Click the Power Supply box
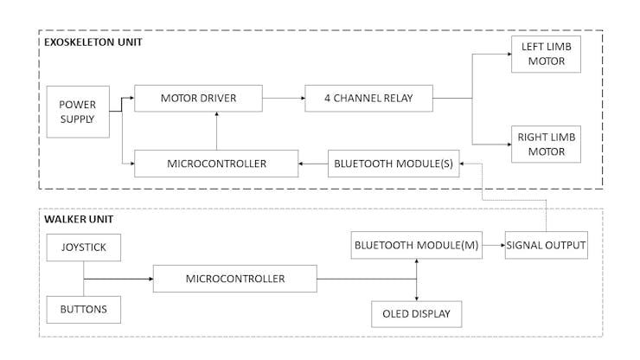click(x=78, y=111)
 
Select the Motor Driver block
click(x=198, y=99)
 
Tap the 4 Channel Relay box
click(x=368, y=99)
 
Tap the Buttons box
click(x=83, y=308)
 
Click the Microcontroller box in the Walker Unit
click(x=235, y=279)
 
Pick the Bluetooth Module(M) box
click(x=416, y=246)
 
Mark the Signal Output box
click(x=546, y=246)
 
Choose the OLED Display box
click(x=416, y=313)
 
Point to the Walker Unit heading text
click(x=79, y=219)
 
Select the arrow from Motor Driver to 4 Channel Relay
click(x=283, y=99)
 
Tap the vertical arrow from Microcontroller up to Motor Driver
click(x=216, y=130)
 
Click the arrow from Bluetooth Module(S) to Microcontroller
click(x=312, y=163)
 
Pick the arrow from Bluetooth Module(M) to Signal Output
click(x=493, y=246)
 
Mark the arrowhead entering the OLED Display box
click(x=417, y=297)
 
